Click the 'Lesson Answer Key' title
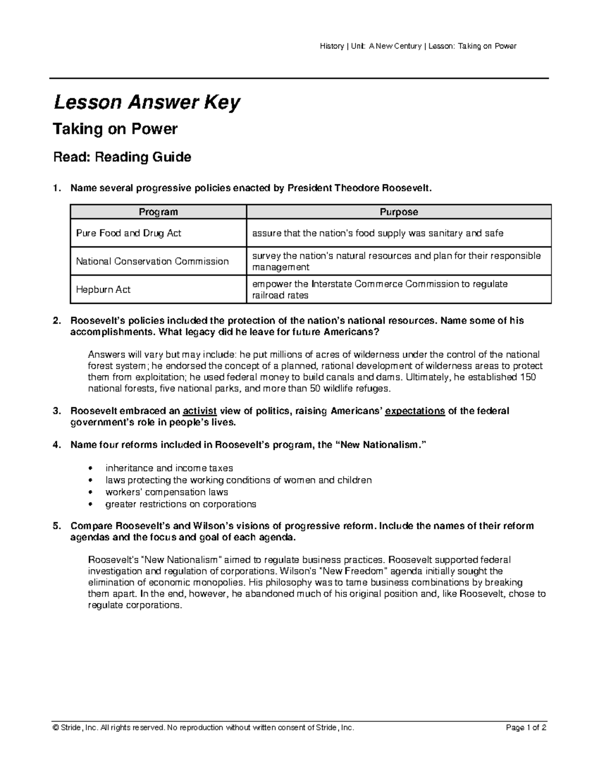tap(147, 103)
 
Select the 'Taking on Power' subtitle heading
tap(115, 129)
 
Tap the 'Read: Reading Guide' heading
tap(122, 157)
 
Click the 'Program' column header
tap(158, 212)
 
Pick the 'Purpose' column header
tap(398, 212)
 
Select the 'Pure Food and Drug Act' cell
tap(128, 233)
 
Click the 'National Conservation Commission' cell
tap(152, 261)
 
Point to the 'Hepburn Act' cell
tap(103, 290)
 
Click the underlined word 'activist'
tap(200, 411)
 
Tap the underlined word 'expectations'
tap(415, 411)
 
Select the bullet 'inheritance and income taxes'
tap(169, 468)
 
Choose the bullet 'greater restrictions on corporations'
tap(181, 504)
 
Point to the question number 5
tap(56, 526)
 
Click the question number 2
tap(56, 321)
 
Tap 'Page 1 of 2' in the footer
tap(526, 728)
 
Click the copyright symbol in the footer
tap(55, 728)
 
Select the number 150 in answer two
tap(528, 377)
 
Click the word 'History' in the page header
tap(331, 46)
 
